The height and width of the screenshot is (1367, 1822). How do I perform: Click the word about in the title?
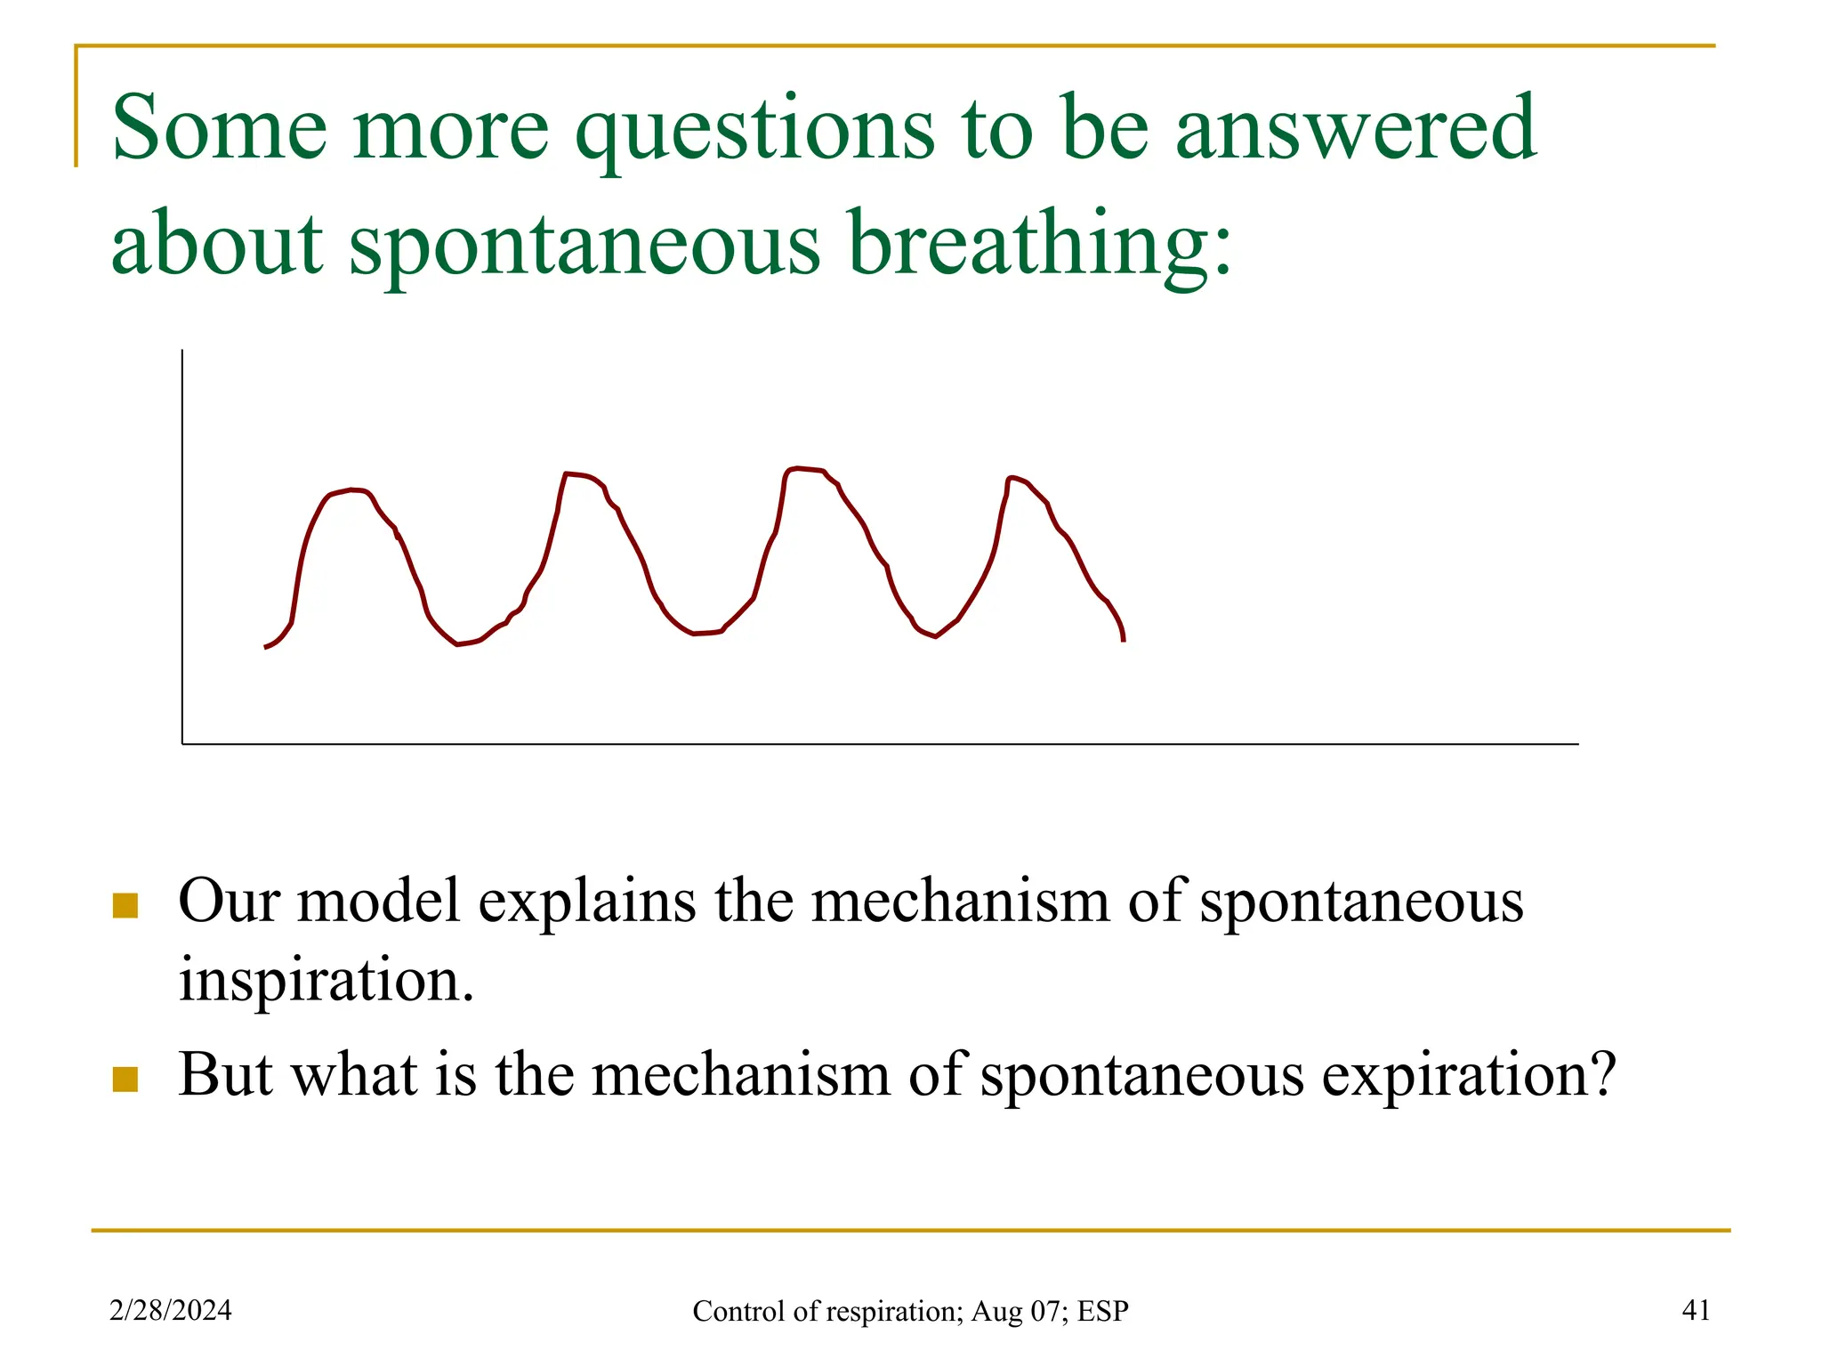click(216, 243)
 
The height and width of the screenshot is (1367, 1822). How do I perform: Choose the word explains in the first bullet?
click(586, 901)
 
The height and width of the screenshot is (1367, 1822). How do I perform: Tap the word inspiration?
click(326, 979)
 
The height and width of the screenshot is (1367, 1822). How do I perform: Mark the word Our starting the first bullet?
click(230, 901)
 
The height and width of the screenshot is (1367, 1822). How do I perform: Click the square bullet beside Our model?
click(125, 905)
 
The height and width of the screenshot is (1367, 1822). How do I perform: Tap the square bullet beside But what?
click(125, 1079)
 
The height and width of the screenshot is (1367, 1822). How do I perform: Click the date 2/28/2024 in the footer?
click(170, 1310)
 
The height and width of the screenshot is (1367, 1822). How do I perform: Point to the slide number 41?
click(1696, 1310)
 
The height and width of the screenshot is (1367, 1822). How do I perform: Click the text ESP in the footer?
click(1103, 1311)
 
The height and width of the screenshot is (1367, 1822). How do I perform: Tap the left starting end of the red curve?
click(266, 647)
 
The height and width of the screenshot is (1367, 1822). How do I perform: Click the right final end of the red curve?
click(1124, 639)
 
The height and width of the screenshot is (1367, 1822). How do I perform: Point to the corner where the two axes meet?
click(182, 743)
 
